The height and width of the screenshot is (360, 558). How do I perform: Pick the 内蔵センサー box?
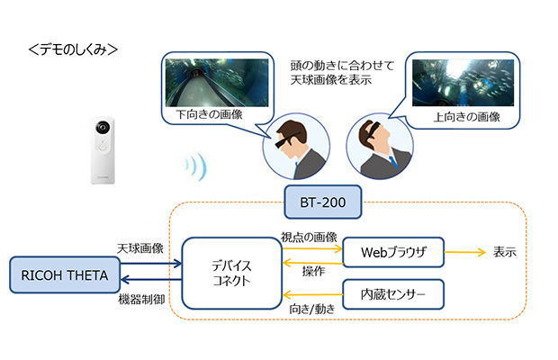coord(393,293)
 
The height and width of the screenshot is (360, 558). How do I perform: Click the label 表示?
coord(504,252)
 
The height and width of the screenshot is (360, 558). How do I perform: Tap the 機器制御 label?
coord(140,297)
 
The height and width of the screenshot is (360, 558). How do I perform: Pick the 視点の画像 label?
coord(309,237)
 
